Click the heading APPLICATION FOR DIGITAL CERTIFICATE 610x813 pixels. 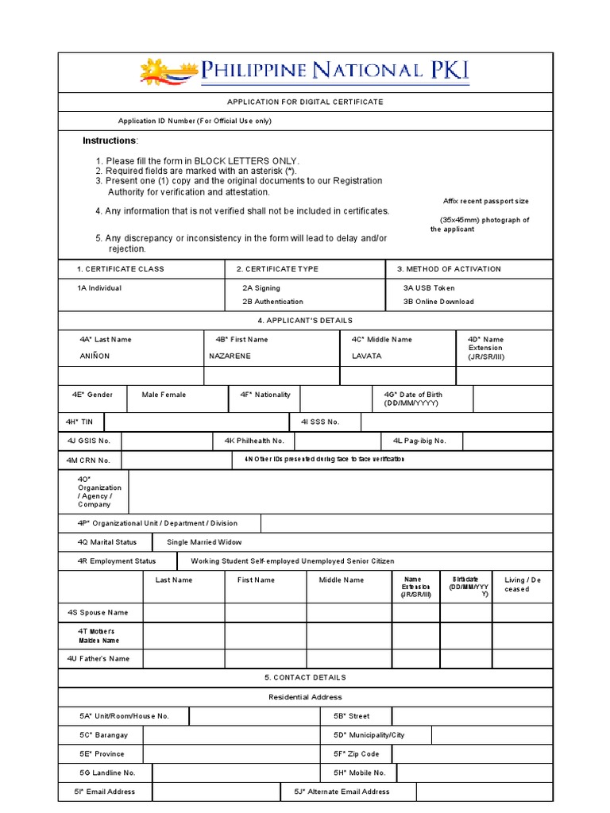pyautogui.click(x=305, y=102)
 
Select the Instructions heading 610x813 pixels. pyautogui.click(x=110, y=141)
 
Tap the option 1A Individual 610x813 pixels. pyautogui.click(x=99, y=288)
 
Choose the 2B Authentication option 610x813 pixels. pyautogui.click(x=272, y=302)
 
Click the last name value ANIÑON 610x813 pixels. pyautogui.click(x=95, y=356)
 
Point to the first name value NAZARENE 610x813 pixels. pyautogui.click(x=230, y=356)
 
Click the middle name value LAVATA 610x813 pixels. pyautogui.click(x=367, y=356)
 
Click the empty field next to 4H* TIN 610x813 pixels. pyautogui.click(x=197, y=422)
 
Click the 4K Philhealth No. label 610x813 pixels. pyautogui.click(x=254, y=441)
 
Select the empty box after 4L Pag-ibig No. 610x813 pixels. pyautogui.click(x=507, y=441)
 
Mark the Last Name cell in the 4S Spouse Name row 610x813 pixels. pyautogui.click(x=183, y=613)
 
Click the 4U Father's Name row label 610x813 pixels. pyautogui.click(x=98, y=658)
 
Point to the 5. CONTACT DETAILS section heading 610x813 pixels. pyautogui.click(x=305, y=678)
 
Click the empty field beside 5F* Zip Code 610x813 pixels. pyautogui.click(x=472, y=754)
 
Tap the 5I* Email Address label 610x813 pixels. pyautogui.click(x=106, y=792)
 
